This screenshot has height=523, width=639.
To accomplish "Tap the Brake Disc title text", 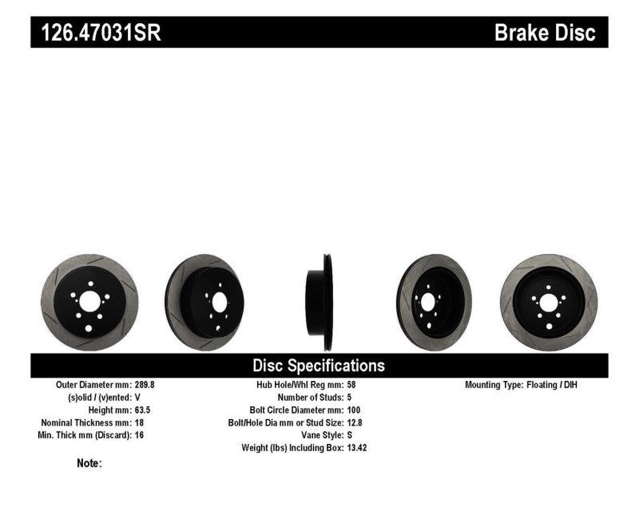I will click(546, 33).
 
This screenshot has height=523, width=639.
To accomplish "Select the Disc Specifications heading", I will click(319, 366).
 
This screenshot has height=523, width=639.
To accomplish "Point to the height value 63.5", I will click(143, 410).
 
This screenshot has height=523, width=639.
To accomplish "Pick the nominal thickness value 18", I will click(139, 422).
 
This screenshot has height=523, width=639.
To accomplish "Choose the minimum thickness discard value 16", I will click(139, 435).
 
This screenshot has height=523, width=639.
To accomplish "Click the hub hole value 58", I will click(352, 385).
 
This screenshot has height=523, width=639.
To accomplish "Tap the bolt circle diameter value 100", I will click(355, 410).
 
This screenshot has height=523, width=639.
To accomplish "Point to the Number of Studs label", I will click(308, 398).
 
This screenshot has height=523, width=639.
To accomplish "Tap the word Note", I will click(89, 463).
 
